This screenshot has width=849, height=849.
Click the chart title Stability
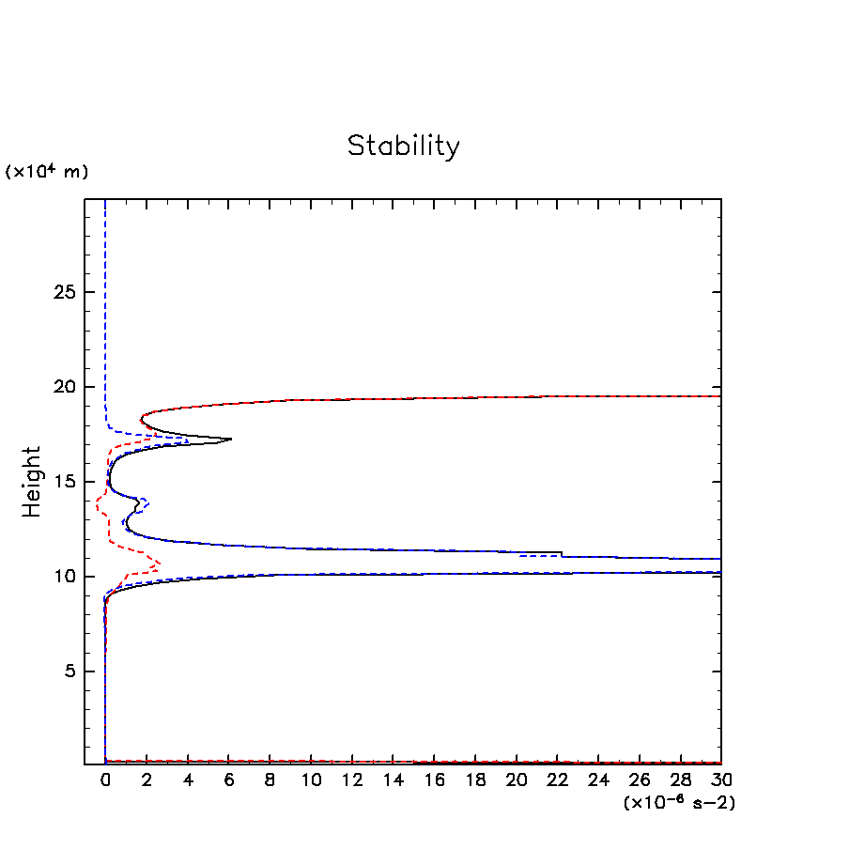pos(404,147)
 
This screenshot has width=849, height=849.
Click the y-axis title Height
pos(33,482)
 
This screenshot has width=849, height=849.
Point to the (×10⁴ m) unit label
pos(47,172)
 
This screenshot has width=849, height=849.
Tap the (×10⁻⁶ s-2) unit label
pos(678,803)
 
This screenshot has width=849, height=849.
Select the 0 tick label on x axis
pos(105,780)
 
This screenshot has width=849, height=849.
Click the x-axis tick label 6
pos(228,780)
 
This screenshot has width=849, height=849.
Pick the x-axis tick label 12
pos(351,780)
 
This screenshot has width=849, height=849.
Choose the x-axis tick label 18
pos(475,780)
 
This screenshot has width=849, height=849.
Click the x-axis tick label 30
pos(721,780)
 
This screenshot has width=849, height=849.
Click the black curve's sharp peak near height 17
pos(230,439)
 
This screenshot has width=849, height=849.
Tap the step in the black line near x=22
pos(562,554)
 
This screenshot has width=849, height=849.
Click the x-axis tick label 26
pos(640,780)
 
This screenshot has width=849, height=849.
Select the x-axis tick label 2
pos(147,780)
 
